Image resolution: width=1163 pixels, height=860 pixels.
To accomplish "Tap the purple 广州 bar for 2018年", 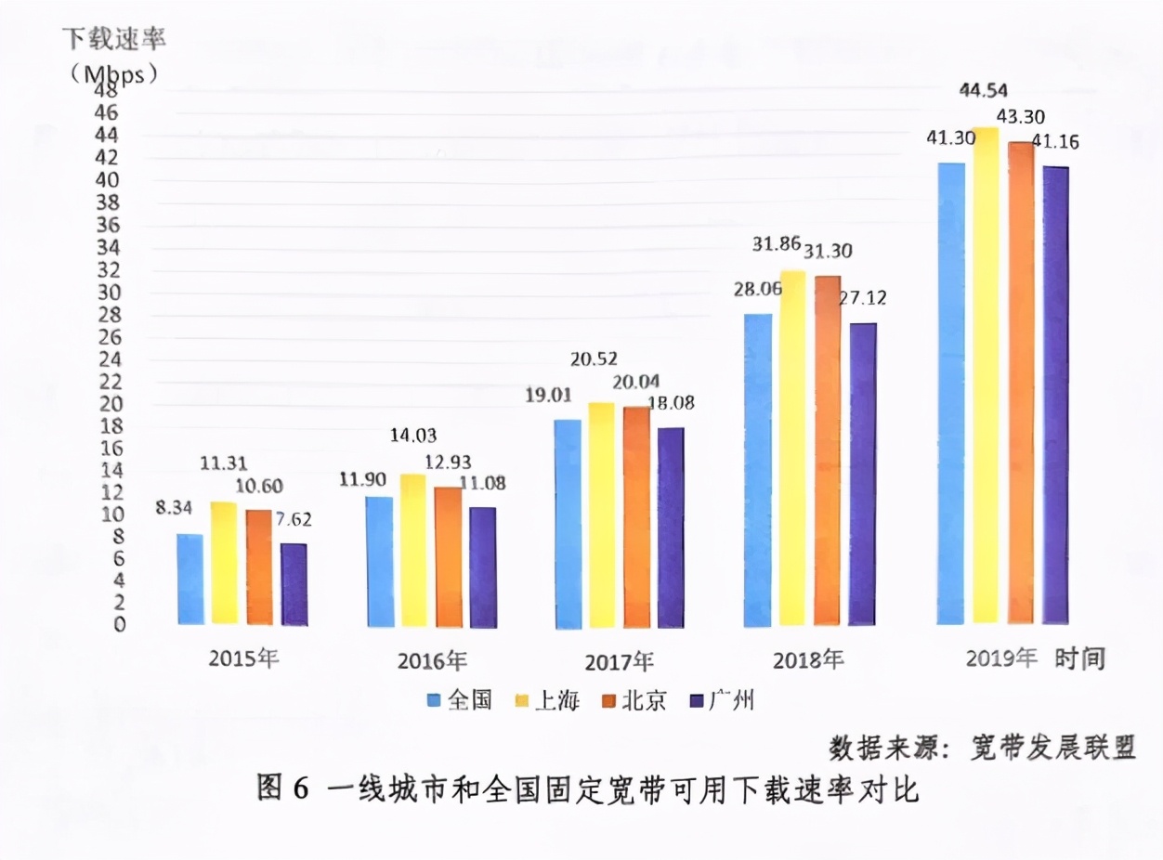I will click(x=863, y=474).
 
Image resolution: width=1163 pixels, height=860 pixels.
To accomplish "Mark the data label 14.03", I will click(x=414, y=435).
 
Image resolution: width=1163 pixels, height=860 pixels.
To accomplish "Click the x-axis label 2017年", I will click(x=619, y=662).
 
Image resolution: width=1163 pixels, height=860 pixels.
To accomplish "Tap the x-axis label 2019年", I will click(x=1000, y=659).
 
